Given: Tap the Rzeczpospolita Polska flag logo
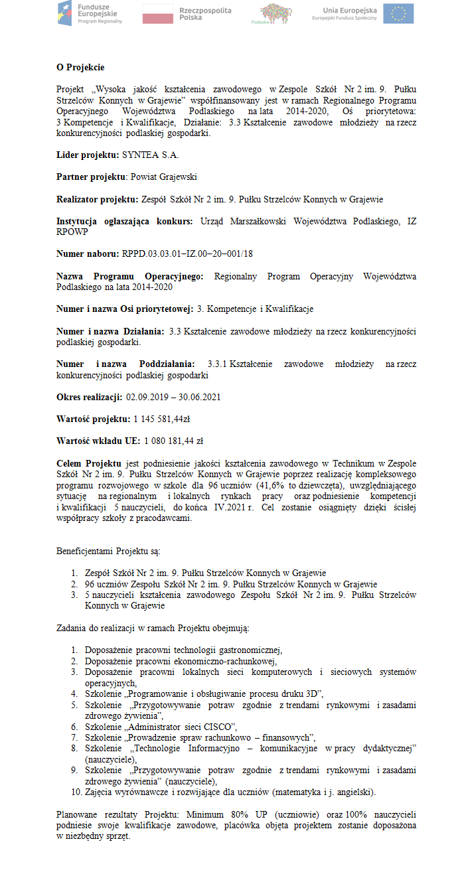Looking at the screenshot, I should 178,13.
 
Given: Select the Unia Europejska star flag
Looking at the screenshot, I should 398,13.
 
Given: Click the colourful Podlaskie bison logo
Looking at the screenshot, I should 275,13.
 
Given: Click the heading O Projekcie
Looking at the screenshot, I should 80,67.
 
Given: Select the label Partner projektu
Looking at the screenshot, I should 91,177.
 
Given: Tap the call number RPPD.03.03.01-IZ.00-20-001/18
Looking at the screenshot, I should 187,254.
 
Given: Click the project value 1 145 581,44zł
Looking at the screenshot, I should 162,419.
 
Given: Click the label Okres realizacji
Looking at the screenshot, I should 88,397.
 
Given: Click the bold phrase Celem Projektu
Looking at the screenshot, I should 88,463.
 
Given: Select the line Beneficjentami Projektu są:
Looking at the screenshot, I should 108,551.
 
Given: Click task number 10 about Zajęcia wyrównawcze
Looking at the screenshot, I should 230,792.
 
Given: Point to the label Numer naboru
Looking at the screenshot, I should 88,254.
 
